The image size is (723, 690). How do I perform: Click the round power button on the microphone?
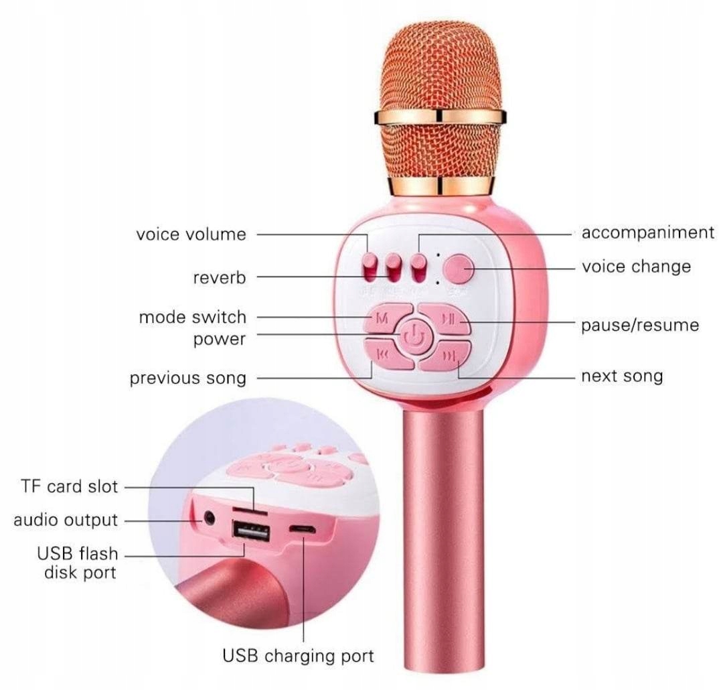click(x=416, y=335)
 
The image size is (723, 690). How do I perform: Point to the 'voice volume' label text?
click(x=191, y=234)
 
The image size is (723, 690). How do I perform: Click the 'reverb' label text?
click(x=220, y=277)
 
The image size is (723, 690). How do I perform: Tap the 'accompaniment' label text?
click(x=647, y=232)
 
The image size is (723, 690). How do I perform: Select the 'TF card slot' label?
click(x=69, y=486)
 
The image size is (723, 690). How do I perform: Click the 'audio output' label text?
click(x=66, y=520)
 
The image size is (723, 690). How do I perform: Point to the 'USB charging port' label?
click(x=298, y=655)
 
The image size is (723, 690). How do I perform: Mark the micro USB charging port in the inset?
click(x=303, y=529)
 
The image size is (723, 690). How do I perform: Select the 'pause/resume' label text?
click(x=640, y=326)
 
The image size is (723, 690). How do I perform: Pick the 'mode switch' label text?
click(x=192, y=317)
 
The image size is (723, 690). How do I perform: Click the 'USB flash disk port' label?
click(x=78, y=563)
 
